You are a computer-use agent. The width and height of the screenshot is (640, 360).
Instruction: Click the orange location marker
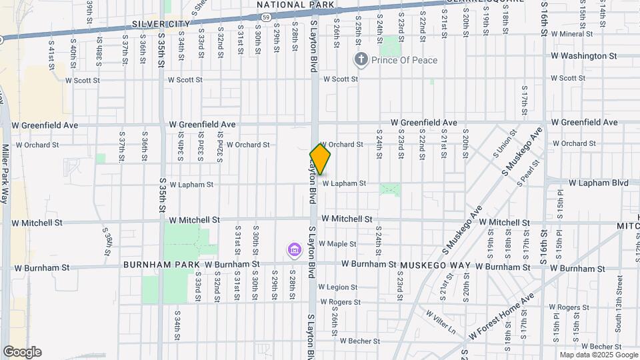[x=321, y=159]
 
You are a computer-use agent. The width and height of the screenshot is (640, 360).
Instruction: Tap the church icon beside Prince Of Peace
[x=361, y=60]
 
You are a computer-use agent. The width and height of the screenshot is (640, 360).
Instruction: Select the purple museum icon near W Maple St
[x=293, y=251]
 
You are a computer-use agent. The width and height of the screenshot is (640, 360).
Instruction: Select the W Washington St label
[x=584, y=56]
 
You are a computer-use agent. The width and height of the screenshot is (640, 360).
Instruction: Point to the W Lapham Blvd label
[x=599, y=183]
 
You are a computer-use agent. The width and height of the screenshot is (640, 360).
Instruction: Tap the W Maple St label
[x=337, y=244]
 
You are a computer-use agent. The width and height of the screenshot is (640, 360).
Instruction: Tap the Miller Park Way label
[x=5, y=174]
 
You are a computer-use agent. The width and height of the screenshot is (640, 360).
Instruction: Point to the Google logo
[x=22, y=352]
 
